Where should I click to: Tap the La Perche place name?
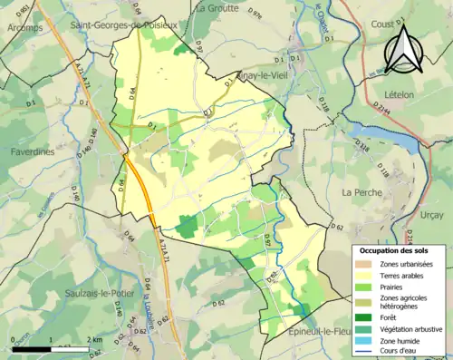[x=361, y=192]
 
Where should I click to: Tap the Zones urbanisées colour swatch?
[x=369, y=263]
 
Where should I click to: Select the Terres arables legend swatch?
[x=369, y=276]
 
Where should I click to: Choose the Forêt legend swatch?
[x=369, y=317]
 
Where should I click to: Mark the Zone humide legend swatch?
[x=369, y=342]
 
